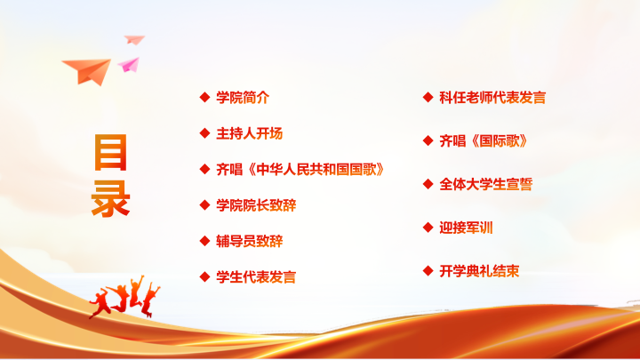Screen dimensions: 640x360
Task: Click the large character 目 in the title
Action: coord(110,152)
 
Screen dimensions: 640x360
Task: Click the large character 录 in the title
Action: coord(110,199)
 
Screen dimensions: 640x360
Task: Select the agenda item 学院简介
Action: coord(243,98)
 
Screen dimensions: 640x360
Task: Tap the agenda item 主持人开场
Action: coord(250,133)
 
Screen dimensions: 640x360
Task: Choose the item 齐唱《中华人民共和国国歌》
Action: coord(300,170)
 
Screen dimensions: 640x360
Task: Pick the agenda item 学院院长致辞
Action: coord(256,205)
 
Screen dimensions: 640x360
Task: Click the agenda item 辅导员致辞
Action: coord(250,241)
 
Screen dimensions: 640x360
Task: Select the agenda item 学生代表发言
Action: coord(256,277)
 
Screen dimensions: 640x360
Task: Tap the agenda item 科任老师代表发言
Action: coord(492,98)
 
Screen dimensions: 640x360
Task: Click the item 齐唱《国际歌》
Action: coord(484,140)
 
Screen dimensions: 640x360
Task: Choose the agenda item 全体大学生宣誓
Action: coord(486,184)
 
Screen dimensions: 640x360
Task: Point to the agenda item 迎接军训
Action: coord(466,228)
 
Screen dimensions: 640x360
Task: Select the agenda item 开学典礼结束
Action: coord(480,270)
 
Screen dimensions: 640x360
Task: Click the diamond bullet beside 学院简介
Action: coord(205,97)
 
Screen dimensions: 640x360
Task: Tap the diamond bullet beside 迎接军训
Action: coord(428,227)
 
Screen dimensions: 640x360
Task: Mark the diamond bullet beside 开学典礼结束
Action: coord(428,270)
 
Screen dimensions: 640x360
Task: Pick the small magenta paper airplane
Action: coord(130,65)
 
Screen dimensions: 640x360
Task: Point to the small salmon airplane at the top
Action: coord(134,40)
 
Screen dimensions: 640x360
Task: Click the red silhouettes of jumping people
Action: coord(124,297)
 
